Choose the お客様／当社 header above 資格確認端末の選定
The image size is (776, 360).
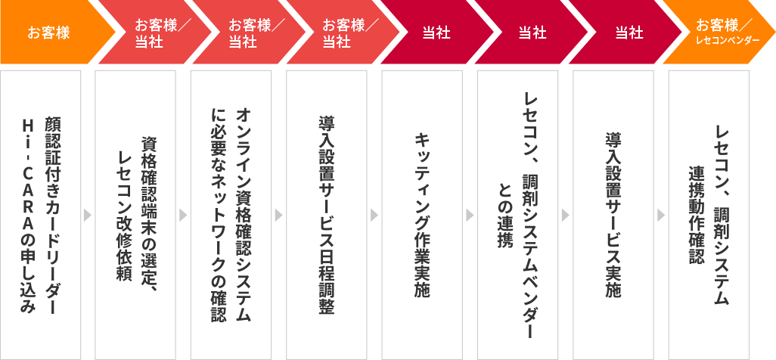click(147, 33)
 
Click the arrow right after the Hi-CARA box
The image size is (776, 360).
click(88, 216)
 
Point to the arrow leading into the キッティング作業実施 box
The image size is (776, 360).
click(374, 216)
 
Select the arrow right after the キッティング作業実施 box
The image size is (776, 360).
click(470, 216)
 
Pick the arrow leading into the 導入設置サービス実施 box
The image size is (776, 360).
click(566, 216)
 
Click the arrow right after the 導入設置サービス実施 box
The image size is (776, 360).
click(661, 216)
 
